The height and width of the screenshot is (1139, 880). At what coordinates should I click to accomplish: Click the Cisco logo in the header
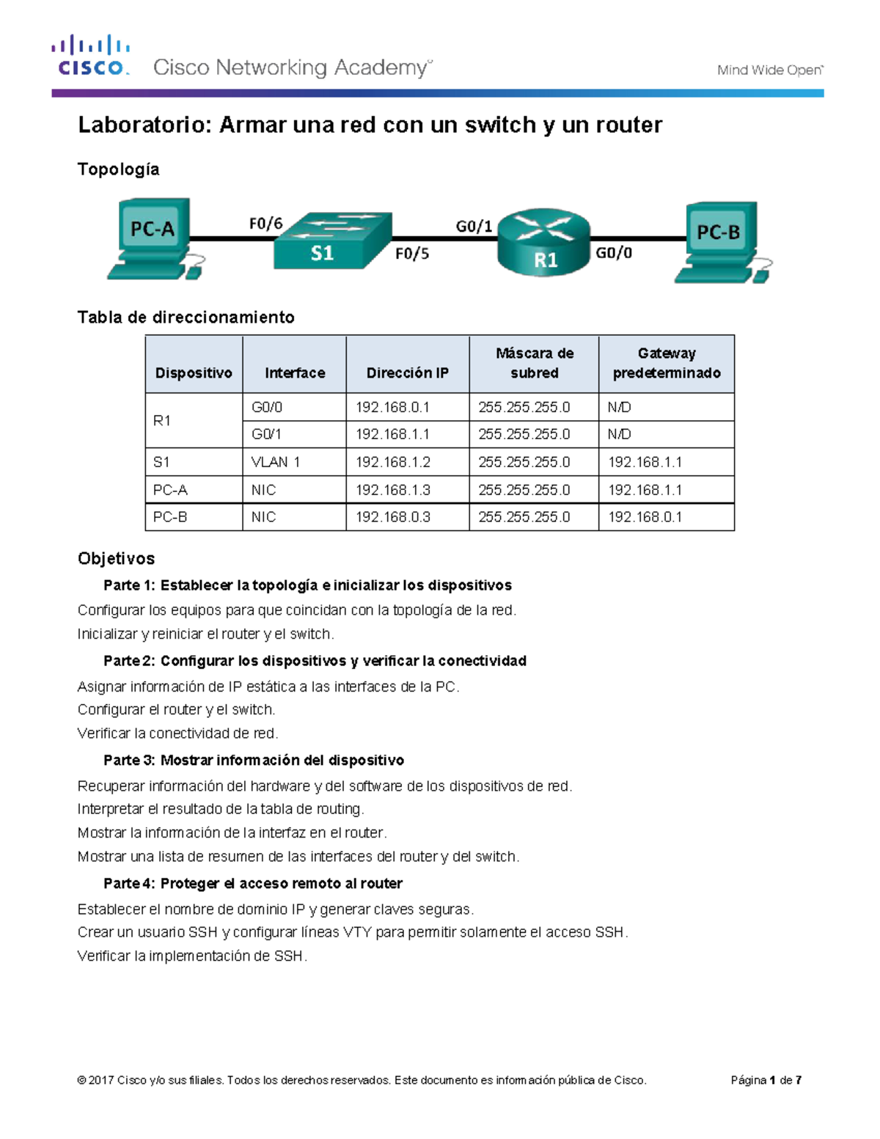(x=90, y=56)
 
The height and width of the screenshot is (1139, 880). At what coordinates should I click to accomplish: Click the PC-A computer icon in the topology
(x=155, y=238)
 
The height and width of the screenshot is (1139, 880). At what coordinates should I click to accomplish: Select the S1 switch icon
(x=332, y=241)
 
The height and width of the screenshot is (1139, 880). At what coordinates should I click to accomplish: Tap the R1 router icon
(x=543, y=243)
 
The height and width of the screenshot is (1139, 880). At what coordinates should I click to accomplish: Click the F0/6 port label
(x=265, y=224)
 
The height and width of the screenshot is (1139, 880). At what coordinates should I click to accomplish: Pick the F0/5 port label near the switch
(x=411, y=254)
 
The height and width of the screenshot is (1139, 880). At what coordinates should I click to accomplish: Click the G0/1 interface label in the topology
(x=474, y=226)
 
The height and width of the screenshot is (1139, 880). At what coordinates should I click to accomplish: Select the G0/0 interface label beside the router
(x=613, y=253)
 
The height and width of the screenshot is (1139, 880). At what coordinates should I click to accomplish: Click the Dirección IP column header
(x=407, y=373)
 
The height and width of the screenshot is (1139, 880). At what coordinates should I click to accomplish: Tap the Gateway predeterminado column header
(x=666, y=363)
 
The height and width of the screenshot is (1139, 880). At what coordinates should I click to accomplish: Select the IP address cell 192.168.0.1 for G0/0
(x=392, y=407)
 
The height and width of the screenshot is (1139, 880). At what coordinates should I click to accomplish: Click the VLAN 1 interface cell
(x=275, y=462)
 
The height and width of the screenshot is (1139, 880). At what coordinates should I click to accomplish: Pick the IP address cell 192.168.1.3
(x=392, y=490)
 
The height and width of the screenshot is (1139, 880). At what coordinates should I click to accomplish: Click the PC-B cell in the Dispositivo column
(x=170, y=517)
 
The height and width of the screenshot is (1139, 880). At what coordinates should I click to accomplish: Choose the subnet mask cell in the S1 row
(x=524, y=462)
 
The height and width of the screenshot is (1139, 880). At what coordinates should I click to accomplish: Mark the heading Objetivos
(x=116, y=558)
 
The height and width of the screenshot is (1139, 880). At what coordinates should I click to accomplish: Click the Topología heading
(x=118, y=169)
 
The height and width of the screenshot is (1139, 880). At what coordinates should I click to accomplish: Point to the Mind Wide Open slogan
(x=769, y=70)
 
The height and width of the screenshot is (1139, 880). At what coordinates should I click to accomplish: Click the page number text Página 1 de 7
(x=766, y=1080)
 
